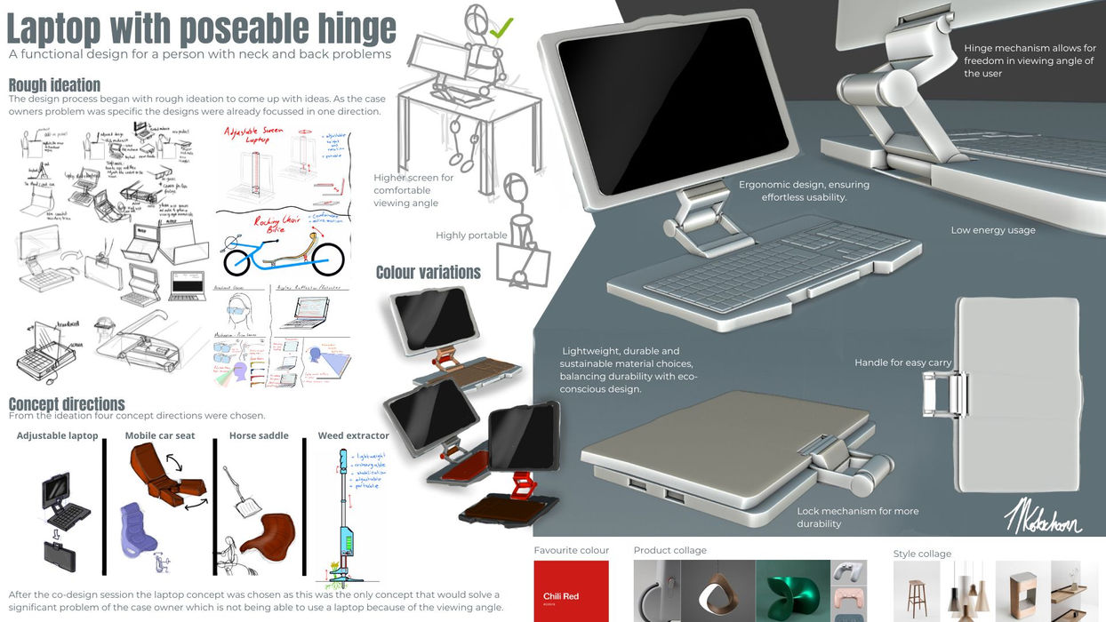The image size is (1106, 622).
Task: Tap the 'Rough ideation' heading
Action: [54, 85]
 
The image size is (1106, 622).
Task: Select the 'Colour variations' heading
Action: [428, 272]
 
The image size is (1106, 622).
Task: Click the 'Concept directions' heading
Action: [67, 404]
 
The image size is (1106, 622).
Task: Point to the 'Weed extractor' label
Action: [353, 435]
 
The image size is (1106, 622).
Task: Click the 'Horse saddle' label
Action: [259, 435]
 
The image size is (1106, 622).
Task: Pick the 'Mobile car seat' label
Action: [159, 435]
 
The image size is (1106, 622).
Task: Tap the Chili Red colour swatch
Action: [571, 591]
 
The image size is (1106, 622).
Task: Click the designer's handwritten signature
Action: [1042, 515]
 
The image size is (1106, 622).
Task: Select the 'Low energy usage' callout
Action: [993, 230]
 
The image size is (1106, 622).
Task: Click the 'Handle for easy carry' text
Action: [902, 363]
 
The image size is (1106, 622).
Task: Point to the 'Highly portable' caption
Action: [471, 235]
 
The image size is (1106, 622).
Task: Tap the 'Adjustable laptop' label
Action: [57, 435]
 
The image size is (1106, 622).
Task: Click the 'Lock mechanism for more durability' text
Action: [857, 517]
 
